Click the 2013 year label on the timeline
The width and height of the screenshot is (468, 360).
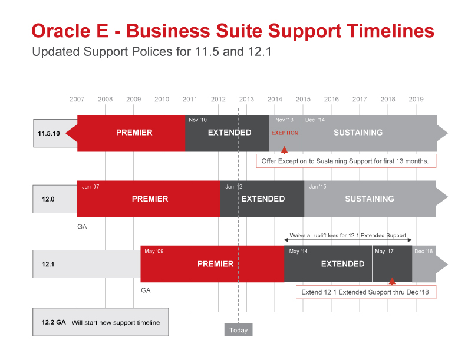(246, 99)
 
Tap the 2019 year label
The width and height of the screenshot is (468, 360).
(416, 99)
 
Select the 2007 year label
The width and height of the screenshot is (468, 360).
(77, 99)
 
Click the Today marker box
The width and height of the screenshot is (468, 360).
(239, 330)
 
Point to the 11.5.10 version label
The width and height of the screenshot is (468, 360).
(49, 133)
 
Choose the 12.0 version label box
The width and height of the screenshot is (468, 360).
(55, 199)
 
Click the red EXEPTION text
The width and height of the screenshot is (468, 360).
(285, 133)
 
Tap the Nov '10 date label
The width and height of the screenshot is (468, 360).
(197, 120)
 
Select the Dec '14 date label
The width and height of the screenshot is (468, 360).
(315, 120)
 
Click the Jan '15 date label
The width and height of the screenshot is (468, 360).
(318, 187)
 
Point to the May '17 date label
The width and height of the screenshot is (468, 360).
(384, 252)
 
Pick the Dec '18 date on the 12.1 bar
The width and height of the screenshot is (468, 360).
(424, 252)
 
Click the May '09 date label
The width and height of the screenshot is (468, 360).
(154, 252)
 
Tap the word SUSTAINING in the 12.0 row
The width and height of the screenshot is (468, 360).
(370, 199)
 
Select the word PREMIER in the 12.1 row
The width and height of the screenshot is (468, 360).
(216, 264)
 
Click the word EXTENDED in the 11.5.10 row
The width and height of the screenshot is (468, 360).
(229, 133)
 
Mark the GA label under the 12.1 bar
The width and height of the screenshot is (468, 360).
(146, 290)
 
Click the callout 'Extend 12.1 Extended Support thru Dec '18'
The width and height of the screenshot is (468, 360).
(366, 292)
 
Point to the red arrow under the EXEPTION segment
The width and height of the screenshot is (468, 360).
(285, 150)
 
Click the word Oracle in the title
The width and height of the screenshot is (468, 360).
(61, 31)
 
